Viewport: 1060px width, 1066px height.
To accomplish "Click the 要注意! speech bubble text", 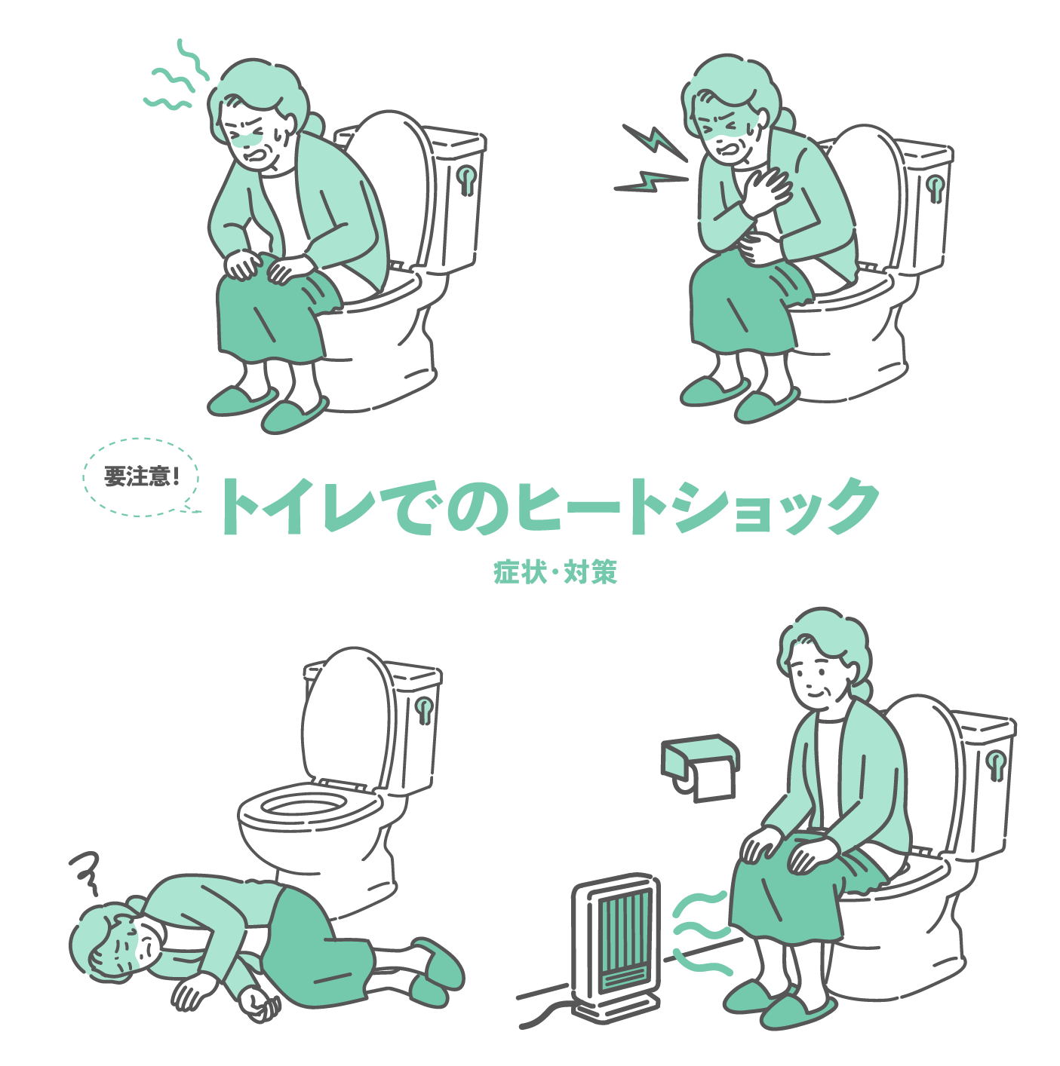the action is point(142,476).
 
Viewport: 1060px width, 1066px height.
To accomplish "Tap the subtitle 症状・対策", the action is point(555,571).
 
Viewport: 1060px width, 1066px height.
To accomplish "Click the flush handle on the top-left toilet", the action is point(467,179).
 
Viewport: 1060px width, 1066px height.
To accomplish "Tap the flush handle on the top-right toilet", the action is point(936,188).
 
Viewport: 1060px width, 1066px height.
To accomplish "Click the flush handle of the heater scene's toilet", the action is point(997,766).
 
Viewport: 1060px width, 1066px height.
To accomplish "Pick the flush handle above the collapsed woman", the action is point(424,710).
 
